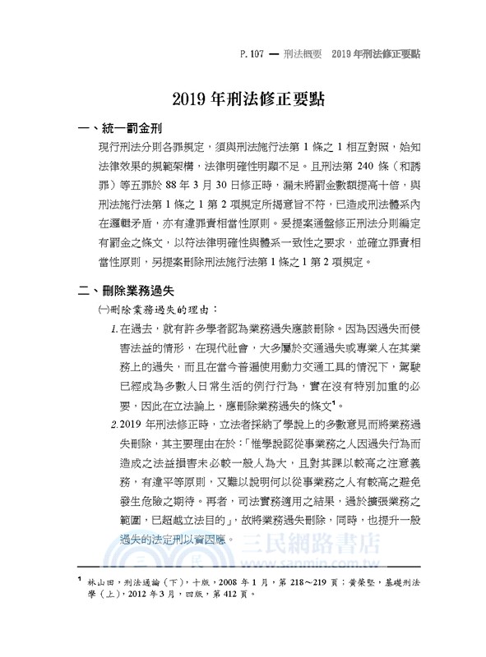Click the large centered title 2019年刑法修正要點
[x=243, y=102]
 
